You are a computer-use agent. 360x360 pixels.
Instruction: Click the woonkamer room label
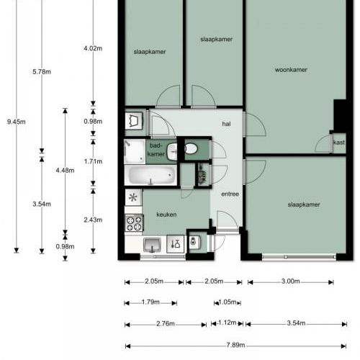point(291,70)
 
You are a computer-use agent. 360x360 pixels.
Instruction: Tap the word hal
point(226,124)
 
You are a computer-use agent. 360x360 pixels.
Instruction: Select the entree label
point(230,194)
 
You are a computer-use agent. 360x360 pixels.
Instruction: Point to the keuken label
point(166,215)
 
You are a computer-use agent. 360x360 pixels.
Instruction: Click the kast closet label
point(339,143)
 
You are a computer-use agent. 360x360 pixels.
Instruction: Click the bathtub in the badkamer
point(151,175)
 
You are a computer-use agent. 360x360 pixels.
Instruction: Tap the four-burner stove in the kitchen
point(134,223)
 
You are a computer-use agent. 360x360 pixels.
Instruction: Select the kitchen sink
point(152,245)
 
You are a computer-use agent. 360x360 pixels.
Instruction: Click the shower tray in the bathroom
point(135,151)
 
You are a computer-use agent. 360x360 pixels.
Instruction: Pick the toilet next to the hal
point(191,149)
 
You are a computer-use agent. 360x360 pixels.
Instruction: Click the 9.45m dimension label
point(17,122)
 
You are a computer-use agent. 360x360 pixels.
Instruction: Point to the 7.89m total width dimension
point(235,345)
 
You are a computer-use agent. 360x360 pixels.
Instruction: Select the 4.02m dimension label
point(93,48)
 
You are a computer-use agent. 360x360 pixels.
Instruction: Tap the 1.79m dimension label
point(150,302)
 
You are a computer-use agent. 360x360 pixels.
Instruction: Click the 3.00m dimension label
point(290,281)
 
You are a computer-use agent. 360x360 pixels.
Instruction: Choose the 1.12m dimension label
point(228,323)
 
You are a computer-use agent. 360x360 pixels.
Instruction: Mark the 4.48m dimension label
point(65,171)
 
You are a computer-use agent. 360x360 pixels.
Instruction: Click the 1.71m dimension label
point(93,161)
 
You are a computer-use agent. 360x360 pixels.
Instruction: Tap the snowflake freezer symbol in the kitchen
point(133,197)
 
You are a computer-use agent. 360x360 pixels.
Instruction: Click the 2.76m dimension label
point(166,324)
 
